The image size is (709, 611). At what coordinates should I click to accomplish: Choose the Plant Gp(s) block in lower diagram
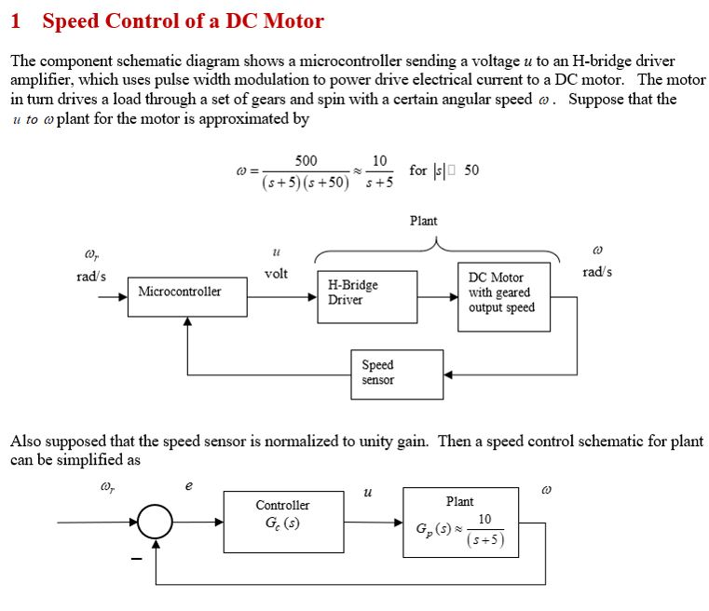[460, 523]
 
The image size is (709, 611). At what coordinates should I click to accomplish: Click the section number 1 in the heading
[16, 20]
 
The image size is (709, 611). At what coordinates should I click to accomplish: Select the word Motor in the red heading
[291, 20]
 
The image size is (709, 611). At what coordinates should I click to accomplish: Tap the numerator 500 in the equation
[305, 161]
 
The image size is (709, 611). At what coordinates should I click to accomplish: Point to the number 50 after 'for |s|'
[471, 170]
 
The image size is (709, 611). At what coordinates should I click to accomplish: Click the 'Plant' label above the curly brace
[423, 221]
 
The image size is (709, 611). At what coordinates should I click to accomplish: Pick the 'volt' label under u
[276, 274]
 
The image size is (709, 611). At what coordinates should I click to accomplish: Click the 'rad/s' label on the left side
[91, 277]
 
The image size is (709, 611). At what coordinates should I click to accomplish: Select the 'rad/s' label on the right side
[597, 272]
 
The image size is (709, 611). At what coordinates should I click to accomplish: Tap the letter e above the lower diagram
[189, 485]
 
